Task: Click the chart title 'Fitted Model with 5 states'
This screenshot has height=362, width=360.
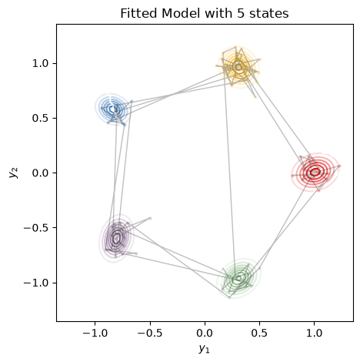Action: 205,13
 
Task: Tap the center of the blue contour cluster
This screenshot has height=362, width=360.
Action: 112,109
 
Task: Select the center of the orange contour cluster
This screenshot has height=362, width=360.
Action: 238,67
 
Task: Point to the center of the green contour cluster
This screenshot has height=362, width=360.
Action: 238,278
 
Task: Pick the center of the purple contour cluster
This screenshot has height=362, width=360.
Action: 116,238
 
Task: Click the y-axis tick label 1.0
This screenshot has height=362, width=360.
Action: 40,63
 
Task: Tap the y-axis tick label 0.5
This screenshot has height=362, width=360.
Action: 40,118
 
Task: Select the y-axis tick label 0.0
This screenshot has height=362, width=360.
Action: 40,173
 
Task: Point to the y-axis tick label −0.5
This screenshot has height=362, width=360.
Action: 36,228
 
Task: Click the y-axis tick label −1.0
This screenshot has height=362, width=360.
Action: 36,283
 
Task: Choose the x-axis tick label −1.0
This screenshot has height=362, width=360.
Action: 95,333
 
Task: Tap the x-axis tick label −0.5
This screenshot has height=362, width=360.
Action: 150,333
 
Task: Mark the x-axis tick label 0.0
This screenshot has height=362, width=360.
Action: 205,333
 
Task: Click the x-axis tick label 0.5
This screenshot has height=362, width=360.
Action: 260,333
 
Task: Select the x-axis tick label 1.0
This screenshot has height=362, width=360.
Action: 315,333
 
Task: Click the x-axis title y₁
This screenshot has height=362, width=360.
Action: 204,349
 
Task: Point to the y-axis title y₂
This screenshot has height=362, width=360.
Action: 13,173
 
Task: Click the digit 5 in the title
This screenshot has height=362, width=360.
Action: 240,13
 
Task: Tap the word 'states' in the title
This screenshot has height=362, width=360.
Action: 269,13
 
